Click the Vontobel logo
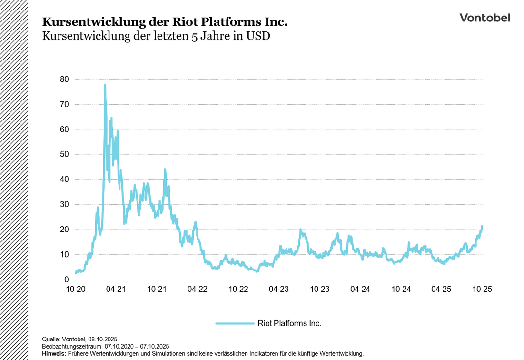point(484,18)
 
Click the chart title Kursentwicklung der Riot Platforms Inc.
point(165,22)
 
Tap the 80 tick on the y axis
point(64,79)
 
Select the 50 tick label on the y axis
point(64,154)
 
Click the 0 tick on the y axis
point(66,280)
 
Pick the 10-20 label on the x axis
point(75,289)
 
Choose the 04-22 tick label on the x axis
point(197,289)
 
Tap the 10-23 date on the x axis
point(319,289)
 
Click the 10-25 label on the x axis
point(482,289)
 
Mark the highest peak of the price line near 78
point(105,85)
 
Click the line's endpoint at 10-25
point(482,227)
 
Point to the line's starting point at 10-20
point(76,273)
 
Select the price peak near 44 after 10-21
point(165,170)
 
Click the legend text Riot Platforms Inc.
point(289,323)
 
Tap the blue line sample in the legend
point(234,323)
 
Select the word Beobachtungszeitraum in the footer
point(71,347)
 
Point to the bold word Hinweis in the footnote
point(54,353)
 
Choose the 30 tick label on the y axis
point(64,204)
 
